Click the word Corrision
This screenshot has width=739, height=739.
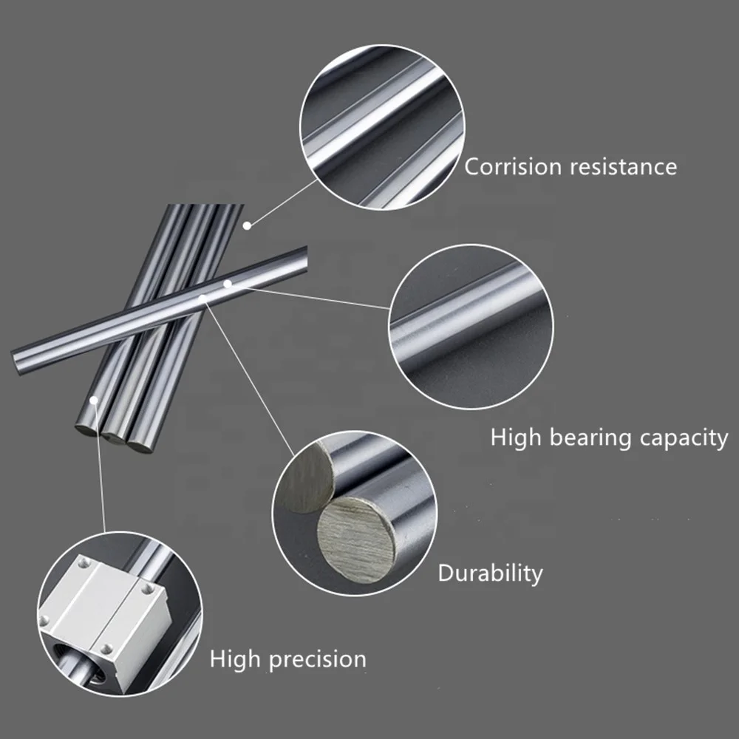pos(513,166)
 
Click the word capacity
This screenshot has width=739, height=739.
pos(683,438)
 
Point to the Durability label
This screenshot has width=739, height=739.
pos(490,573)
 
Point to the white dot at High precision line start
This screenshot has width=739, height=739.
pos(95,400)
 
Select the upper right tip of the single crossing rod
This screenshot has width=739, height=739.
pos(303,255)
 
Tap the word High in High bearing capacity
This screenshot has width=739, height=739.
pos(515,438)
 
